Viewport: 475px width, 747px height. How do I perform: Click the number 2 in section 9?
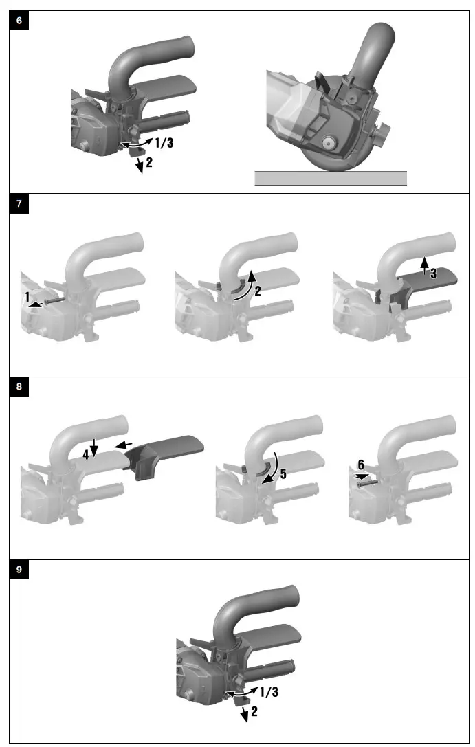coord(254,713)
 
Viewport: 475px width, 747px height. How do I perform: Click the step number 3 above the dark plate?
coord(433,273)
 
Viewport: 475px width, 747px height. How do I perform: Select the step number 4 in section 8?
coord(85,454)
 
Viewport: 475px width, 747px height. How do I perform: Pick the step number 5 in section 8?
coord(283,474)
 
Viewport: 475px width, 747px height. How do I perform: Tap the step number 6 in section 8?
coord(361,465)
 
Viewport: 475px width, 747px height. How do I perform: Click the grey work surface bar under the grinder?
coord(331,179)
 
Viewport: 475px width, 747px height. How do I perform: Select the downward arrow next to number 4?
coord(94,447)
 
